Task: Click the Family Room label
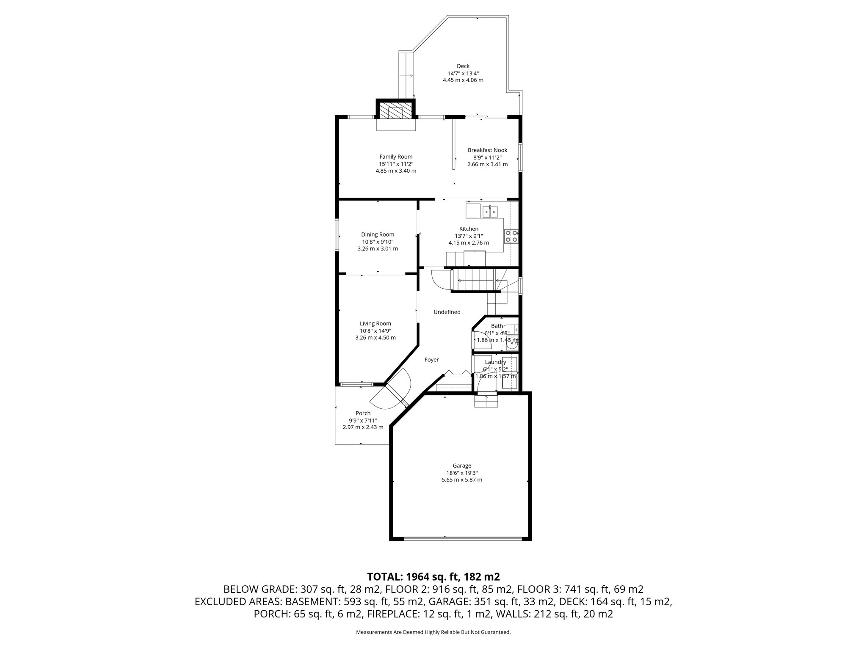point(395,157)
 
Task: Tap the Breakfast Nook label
point(487,150)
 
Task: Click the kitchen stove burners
point(511,236)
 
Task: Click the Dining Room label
point(378,234)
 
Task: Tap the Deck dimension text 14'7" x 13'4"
point(463,73)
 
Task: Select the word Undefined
point(447,312)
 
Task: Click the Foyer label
point(431,360)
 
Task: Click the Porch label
point(363,413)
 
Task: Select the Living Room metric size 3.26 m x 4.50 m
point(376,338)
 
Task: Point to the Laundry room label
point(495,362)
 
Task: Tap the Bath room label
point(497,326)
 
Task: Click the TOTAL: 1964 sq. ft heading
point(433,576)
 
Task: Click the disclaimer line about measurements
point(433,632)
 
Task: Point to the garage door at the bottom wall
point(462,538)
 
